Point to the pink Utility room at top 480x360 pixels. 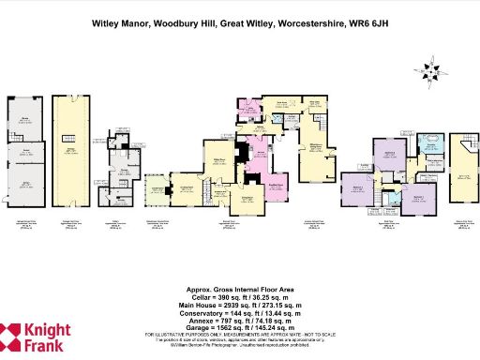pyautogui.click(x=249, y=112)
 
